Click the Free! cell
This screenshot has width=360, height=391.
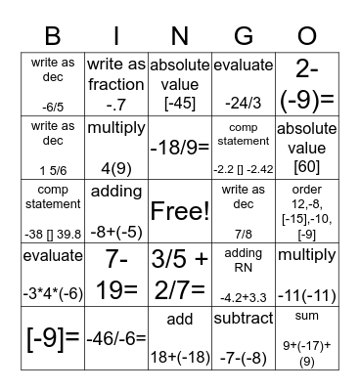(179, 211)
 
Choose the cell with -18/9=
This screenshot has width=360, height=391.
(179, 149)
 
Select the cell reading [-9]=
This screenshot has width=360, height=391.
(52, 338)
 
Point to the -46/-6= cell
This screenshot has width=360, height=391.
(115, 338)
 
